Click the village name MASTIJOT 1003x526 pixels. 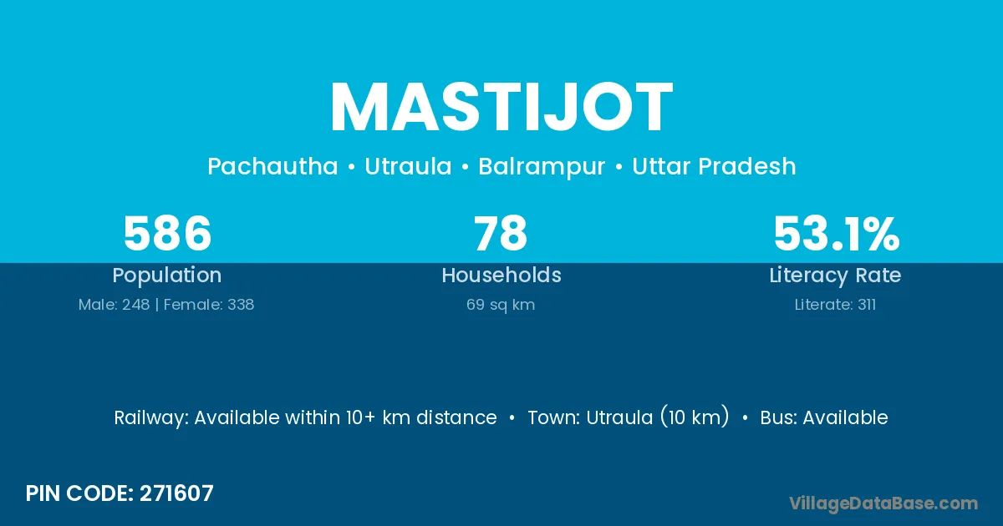501,108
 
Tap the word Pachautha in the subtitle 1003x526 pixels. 272,166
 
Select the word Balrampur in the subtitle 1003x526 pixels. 542,167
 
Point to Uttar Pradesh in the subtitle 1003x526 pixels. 714,166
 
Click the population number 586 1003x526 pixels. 167,233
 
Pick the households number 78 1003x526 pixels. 501,233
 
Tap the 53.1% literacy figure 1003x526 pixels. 837,233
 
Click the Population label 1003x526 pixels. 167,276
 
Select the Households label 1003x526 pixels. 501,275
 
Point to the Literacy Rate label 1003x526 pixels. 835,276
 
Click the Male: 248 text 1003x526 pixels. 114,305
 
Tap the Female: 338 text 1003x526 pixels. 209,305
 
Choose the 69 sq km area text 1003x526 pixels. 501,305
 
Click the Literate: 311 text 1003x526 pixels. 835,305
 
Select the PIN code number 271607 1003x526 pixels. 176,493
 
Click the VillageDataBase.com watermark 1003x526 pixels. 883,503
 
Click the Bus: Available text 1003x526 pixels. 824,417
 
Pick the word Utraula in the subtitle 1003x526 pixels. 408,166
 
